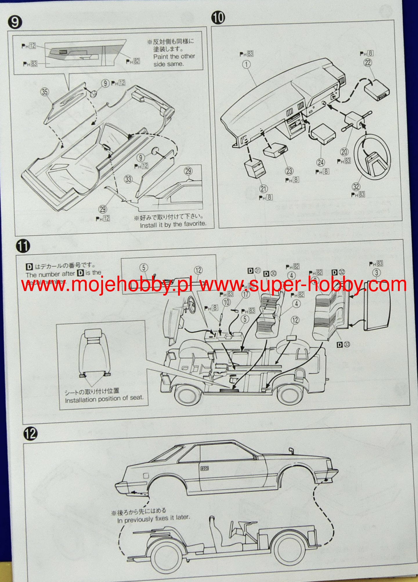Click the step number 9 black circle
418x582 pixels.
[15, 22]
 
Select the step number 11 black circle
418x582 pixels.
[23, 246]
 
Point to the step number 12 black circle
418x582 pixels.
[30, 434]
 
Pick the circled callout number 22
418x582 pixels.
[368, 63]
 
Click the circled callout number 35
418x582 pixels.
[44, 92]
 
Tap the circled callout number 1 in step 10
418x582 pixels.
[246, 64]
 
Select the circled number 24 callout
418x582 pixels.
[321, 162]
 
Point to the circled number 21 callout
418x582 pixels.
[263, 189]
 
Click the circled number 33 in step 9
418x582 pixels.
[128, 179]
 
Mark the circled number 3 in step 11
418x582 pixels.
[376, 273]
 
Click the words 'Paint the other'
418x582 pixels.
[174, 57]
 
